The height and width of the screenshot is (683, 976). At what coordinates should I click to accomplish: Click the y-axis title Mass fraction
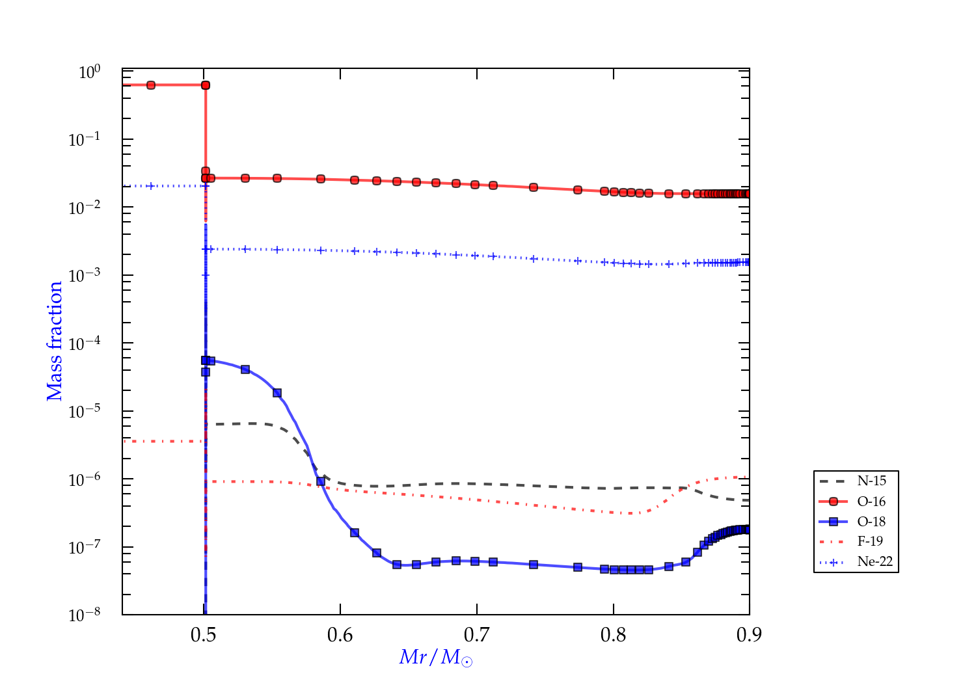click(55, 341)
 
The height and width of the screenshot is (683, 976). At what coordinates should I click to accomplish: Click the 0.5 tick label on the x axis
click(204, 635)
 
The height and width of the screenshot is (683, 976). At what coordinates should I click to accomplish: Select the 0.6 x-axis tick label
click(340, 635)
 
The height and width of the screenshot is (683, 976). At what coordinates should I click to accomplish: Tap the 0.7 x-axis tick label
click(477, 635)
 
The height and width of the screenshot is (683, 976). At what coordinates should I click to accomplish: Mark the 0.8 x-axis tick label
click(613, 635)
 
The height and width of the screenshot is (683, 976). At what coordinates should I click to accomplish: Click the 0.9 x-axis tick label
click(749, 635)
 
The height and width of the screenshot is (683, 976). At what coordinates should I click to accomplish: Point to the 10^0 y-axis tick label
click(89, 72)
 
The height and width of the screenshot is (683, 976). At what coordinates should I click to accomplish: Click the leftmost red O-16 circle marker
click(151, 85)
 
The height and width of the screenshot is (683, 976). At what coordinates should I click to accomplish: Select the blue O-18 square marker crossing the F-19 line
click(321, 481)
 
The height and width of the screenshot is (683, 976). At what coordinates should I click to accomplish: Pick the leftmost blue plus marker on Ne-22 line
click(151, 186)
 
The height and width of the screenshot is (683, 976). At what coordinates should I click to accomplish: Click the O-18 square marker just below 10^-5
click(277, 393)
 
